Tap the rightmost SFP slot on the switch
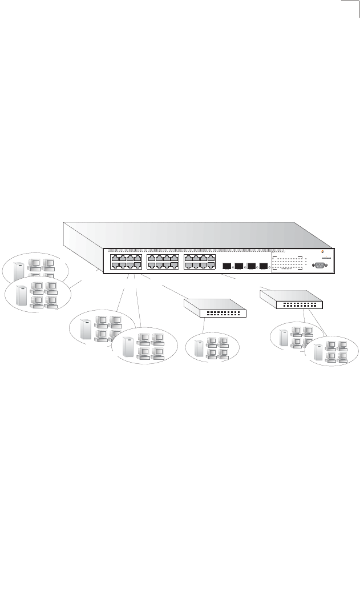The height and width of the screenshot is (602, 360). pyautogui.click(x=263, y=266)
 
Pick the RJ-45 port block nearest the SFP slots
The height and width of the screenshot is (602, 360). pyautogui.click(x=199, y=262)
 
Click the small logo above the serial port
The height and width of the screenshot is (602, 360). pyautogui.click(x=323, y=254)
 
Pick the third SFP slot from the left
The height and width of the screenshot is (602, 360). pyautogui.click(x=250, y=266)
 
